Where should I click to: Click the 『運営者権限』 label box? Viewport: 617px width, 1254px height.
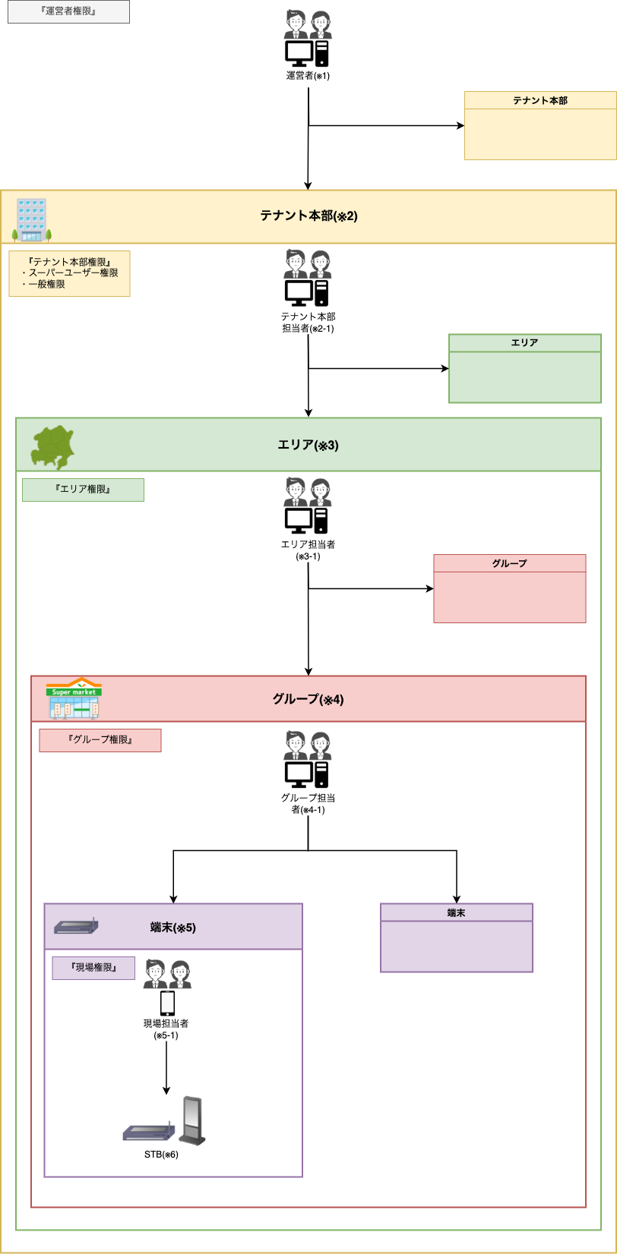pyautogui.click(x=68, y=11)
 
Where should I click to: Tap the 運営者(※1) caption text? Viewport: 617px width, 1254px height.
pyautogui.click(x=308, y=76)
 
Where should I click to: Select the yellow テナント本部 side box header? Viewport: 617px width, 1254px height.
pyautogui.click(x=539, y=100)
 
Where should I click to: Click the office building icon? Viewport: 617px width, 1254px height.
pyautogui.click(x=32, y=219)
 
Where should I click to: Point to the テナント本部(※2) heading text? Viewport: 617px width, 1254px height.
pyautogui.click(x=308, y=216)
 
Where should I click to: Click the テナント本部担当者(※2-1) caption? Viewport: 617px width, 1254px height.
pyautogui.click(x=308, y=322)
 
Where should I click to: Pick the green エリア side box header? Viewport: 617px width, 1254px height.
pyautogui.click(x=524, y=343)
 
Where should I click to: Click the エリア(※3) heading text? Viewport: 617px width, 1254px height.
pyautogui.click(x=308, y=445)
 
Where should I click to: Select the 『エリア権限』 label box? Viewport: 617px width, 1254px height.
pyautogui.click(x=83, y=490)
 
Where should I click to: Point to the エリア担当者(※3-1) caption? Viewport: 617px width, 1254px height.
pyautogui.click(x=308, y=550)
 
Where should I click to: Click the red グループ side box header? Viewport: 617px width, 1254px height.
pyautogui.click(x=509, y=563)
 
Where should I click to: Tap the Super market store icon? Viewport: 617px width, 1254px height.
pyautogui.click(x=74, y=698)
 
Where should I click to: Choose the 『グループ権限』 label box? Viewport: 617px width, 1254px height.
pyautogui.click(x=100, y=740)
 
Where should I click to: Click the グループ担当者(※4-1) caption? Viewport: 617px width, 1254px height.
pyautogui.click(x=308, y=804)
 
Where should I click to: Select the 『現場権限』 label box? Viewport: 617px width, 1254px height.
pyautogui.click(x=93, y=968)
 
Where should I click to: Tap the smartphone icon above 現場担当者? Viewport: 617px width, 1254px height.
pyautogui.click(x=167, y=1004)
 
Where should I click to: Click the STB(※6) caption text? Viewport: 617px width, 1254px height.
pyautogui.click(x=161, y=1155)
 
